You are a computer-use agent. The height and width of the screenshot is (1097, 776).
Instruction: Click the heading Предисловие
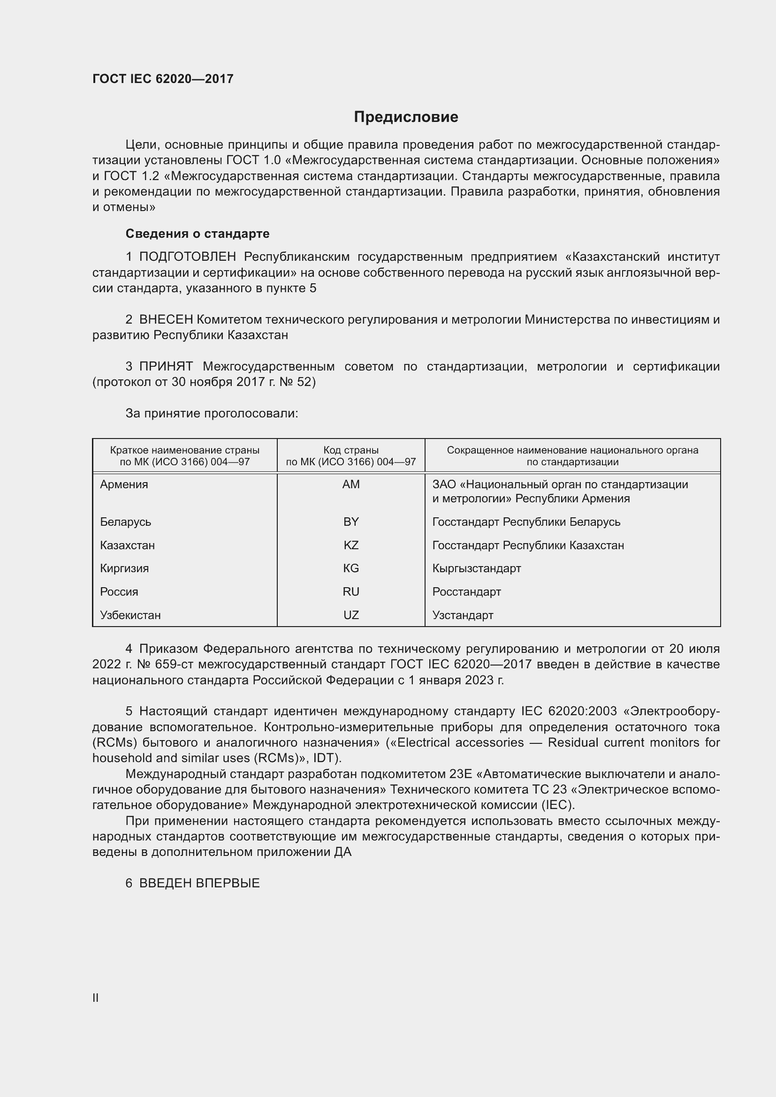(x=406, y=117)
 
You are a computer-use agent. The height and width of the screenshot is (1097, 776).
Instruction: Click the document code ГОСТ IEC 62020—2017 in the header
(x=162, y=79)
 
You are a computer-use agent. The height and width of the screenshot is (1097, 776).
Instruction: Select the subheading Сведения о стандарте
(x=198, y=234)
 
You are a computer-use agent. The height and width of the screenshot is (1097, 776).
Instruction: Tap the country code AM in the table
(x=351, y=484)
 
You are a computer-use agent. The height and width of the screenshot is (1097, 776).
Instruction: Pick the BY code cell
(x=351, y=522)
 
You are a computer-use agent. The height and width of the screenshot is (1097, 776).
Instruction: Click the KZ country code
(x=351, y=545)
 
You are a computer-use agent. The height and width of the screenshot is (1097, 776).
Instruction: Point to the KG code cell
(x=351, y=568)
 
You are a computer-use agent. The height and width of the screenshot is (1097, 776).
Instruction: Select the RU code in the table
(x=351, y=591)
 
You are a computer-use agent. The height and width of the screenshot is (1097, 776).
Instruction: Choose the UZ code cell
(x=351, y=615)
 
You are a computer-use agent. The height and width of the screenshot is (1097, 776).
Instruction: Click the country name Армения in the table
(x=124, y=484)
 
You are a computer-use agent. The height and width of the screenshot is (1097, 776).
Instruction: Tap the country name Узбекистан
(x=130, y=615)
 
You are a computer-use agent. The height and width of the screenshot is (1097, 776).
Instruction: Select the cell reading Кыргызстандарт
(x=476, y=568)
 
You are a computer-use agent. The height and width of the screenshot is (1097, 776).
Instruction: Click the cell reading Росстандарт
(x=466, y=591)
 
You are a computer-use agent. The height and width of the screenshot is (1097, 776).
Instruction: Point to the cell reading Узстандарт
(x=463, y=615)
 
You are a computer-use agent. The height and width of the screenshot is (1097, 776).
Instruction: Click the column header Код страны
(x=351, y=450)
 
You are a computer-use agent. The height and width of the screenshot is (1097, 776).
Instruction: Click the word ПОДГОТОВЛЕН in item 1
(x=187, y=257)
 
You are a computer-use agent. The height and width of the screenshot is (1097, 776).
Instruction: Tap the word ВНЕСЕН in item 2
(x=166, y=319)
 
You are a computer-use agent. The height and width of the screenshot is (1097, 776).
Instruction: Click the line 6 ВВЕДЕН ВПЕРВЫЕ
(x=192, y=883)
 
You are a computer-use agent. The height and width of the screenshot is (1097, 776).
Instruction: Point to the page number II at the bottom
(x=96, y=998)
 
